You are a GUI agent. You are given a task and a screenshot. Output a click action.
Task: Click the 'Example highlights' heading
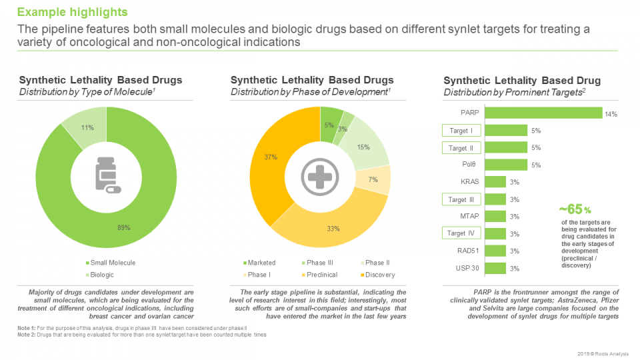(x=72, y=13)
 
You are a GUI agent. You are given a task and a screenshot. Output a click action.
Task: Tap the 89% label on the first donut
(x=125, y=228)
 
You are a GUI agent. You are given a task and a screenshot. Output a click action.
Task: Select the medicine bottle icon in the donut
(x=107, y=175)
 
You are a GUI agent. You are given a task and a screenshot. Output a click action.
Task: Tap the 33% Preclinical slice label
(x=333, y=229)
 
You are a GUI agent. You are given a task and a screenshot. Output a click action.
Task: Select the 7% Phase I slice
(x=377, y=180)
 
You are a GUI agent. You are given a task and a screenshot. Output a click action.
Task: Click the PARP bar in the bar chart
(x=543, y=113)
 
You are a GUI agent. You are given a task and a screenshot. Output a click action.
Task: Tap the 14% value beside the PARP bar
(x=611, y=114)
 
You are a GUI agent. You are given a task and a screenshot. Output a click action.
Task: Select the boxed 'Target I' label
(x=461, y=131)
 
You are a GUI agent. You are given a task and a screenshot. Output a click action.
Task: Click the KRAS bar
(x=495, y=182)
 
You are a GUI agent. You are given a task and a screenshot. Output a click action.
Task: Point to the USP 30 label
(x=466, y=269)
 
